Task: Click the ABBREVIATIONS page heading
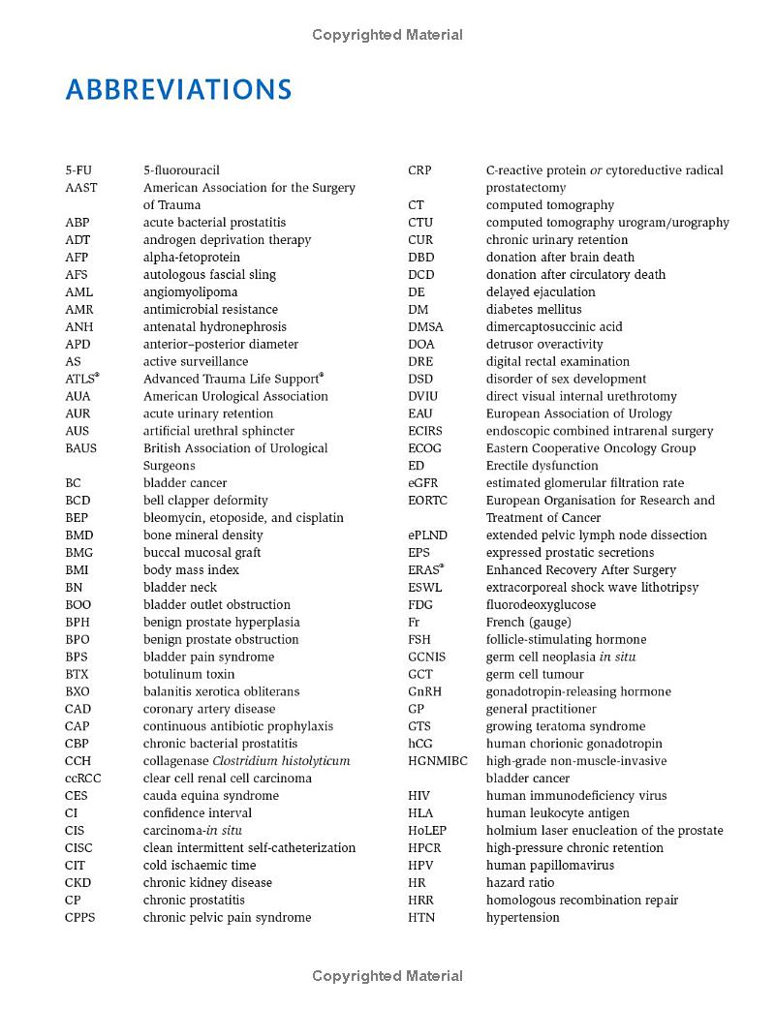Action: click(178, 90)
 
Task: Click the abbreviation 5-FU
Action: click(78, 170)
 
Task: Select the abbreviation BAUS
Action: click(81, 448)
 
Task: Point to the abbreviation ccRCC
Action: click(83, 779)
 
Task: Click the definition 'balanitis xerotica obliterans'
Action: click(221, 691)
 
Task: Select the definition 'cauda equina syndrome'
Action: click(210, 796)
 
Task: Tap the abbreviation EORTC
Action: click(428, 501)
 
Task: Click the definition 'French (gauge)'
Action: click(528, 622)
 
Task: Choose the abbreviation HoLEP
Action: click(428, 830)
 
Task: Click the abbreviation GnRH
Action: click(425, 691)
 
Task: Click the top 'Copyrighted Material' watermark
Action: click(387, 35)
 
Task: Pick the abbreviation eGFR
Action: click(424, 483)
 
